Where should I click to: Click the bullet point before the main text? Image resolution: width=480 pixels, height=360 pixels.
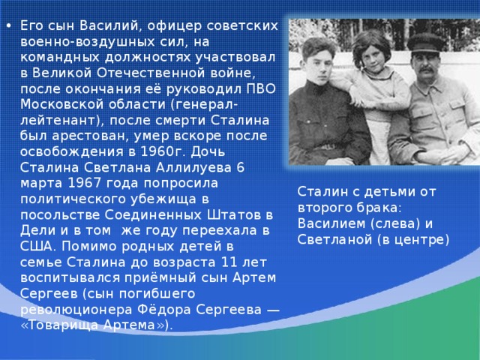tap(9, 25)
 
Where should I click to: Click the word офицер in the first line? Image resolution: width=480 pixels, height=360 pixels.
tap(174, 26)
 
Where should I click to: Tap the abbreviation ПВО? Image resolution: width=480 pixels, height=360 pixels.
tap(261, 88)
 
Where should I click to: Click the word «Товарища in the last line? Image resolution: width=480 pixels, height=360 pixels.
tap(60, 325)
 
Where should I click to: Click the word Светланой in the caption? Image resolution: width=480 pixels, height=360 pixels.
tap(334, 240)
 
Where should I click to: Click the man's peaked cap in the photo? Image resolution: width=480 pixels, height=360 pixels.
tap(425, 43)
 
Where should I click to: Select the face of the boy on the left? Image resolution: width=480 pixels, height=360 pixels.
tap(322, 65)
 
